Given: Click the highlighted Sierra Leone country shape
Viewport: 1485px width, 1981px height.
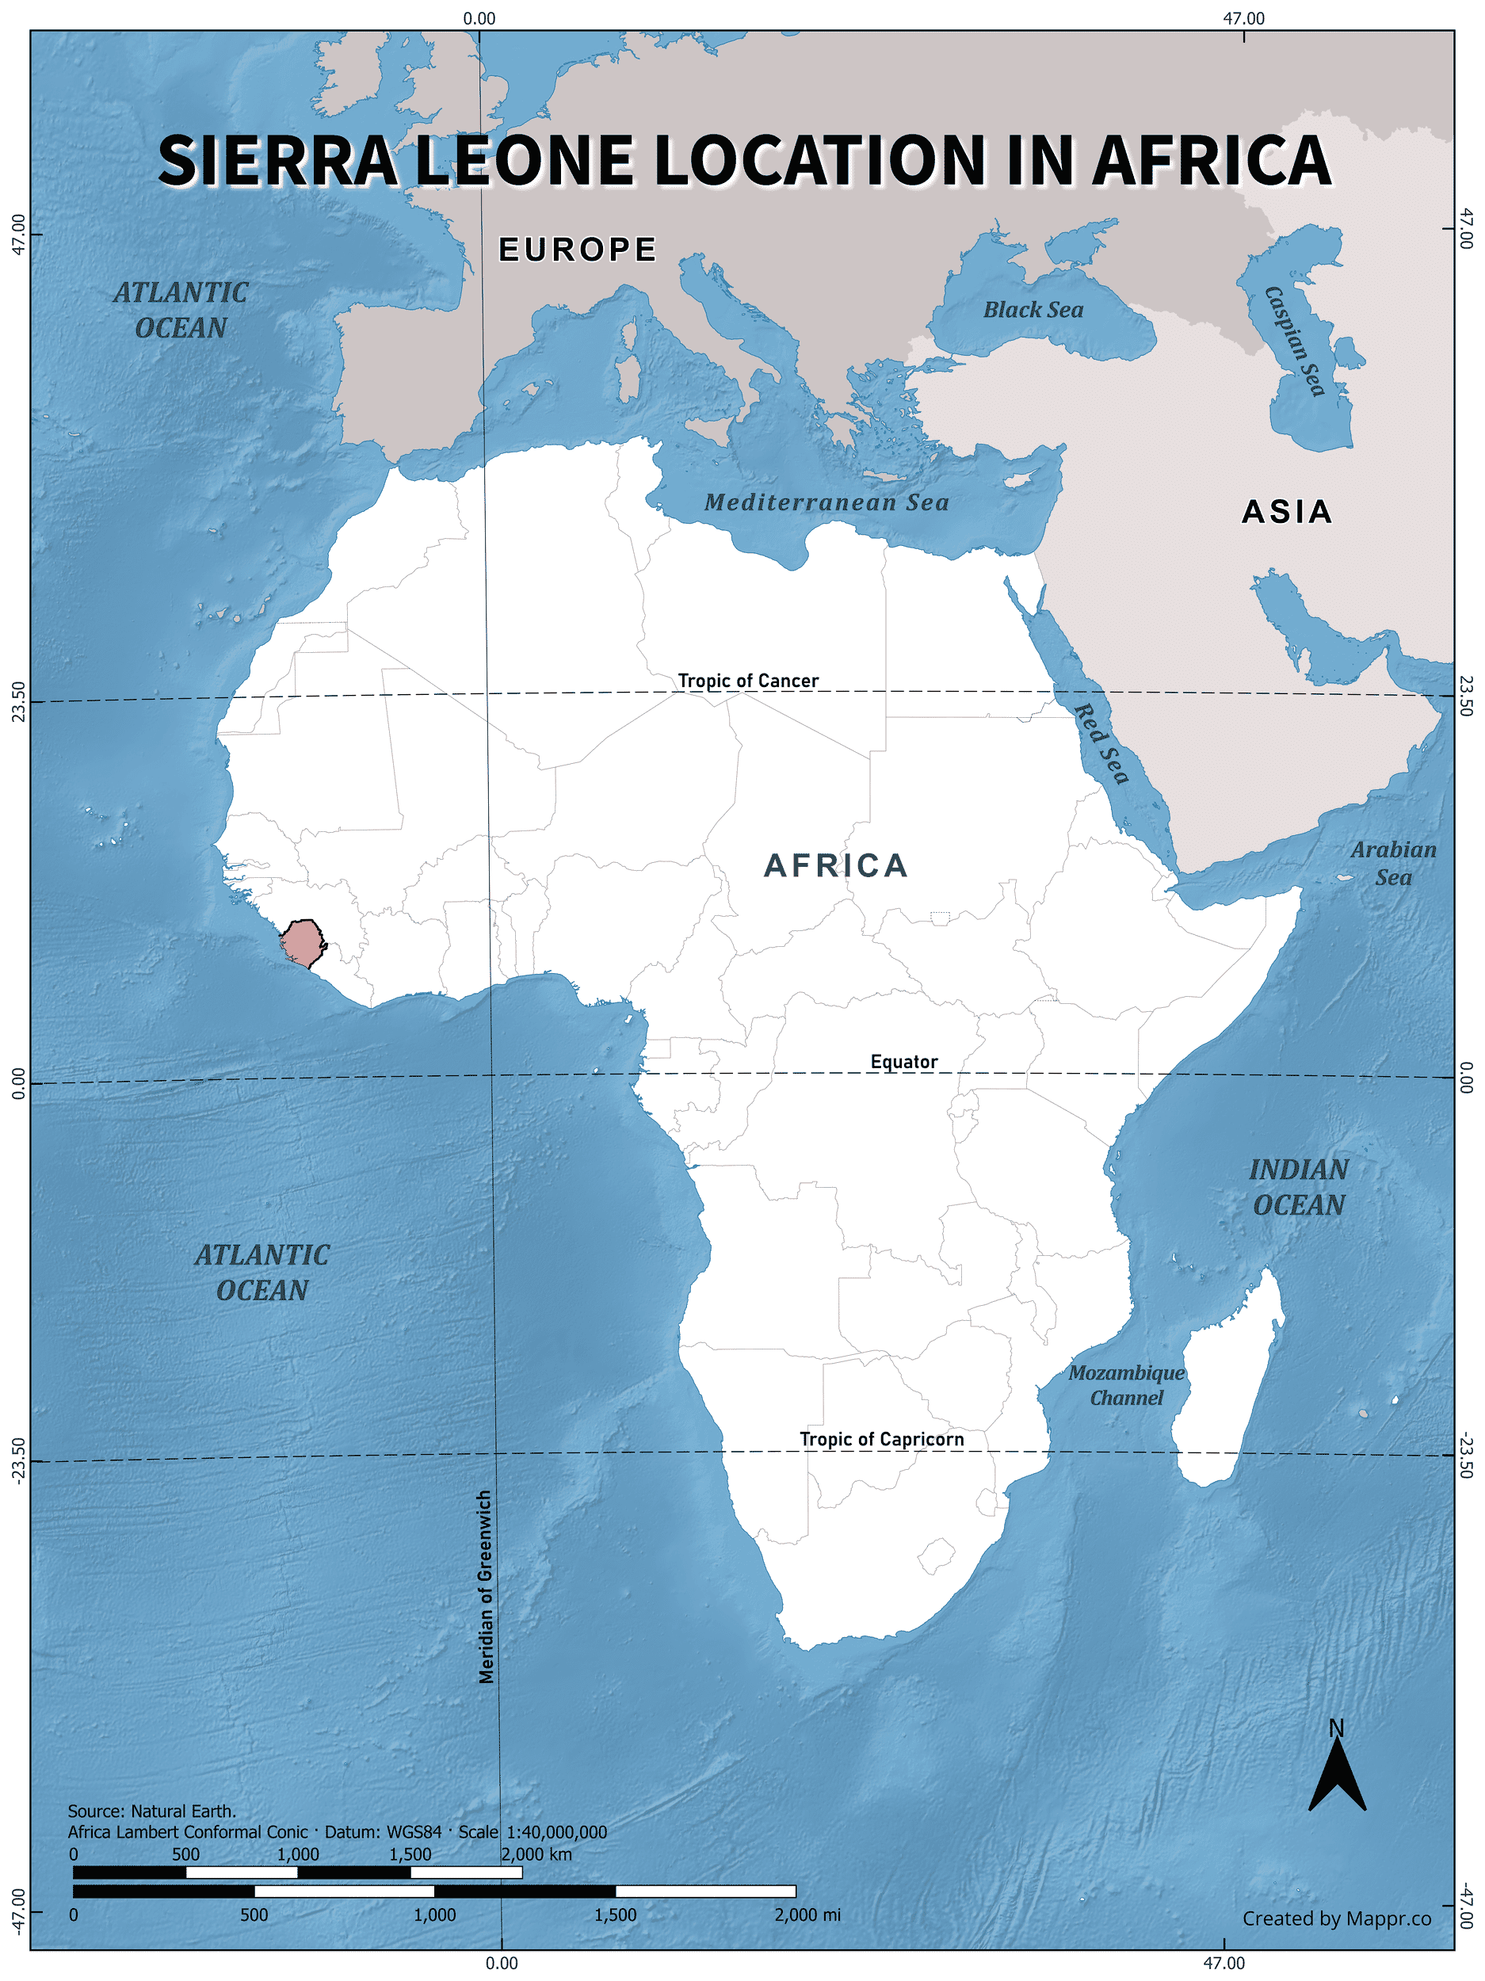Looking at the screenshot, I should click(302, 943).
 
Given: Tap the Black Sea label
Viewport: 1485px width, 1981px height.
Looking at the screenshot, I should click(1033, 310).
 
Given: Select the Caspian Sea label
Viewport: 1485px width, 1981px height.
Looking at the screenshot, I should click(1293, 342).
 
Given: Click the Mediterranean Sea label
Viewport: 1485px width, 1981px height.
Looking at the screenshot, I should click(826, 502).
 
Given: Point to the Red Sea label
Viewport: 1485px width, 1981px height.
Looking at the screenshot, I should click(1101, 743).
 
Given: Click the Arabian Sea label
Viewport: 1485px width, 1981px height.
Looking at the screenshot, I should click(1393, 864).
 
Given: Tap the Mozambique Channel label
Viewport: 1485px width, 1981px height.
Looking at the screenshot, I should click(1126, 1385).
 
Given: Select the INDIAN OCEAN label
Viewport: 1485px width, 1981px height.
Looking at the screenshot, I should click(1298, 1188).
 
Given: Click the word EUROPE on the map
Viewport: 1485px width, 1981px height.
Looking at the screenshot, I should click(578, 249).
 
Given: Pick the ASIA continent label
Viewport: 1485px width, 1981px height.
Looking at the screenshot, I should click(1286, 511).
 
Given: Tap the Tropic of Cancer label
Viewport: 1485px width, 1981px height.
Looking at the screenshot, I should click(747, 681).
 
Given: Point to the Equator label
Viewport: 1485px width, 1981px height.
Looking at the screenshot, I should click(903, 1061).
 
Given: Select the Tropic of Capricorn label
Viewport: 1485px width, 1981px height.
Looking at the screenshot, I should click(881, 1438).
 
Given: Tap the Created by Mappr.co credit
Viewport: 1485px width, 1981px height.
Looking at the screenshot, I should click(1335, 1918).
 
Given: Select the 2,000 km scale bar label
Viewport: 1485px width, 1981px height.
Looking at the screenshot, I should click(536, 1854).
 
